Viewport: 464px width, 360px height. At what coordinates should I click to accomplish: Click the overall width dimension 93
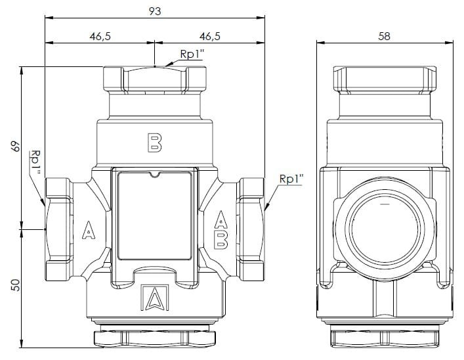coord(155,11)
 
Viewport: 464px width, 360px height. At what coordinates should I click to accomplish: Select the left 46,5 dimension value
coord(100,36)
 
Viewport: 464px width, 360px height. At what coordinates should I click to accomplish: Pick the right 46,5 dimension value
coord(210,36)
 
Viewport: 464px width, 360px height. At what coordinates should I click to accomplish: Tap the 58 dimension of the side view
coord(385,36)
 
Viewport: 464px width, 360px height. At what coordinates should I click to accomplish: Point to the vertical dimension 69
coord(16,146)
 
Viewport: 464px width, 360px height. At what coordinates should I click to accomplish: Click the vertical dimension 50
coord(16,285)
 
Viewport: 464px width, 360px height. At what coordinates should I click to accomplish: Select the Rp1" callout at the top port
coord(192,55)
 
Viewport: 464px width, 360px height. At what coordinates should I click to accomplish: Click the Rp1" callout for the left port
coord(36,162)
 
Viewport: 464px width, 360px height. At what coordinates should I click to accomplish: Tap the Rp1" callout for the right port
coord(291,179)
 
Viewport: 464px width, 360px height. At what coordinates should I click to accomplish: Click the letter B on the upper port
coord(154,143)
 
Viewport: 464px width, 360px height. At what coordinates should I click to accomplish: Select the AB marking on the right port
coord(221,230)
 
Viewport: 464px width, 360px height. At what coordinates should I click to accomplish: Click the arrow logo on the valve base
coord(155,298)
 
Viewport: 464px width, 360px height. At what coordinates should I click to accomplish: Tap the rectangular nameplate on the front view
coord(154,215)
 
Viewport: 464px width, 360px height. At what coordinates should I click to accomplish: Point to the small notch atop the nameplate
coord(154,175)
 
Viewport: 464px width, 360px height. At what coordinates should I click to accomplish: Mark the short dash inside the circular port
coord(385,204)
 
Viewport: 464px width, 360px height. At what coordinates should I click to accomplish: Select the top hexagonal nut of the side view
coord(385,79)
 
